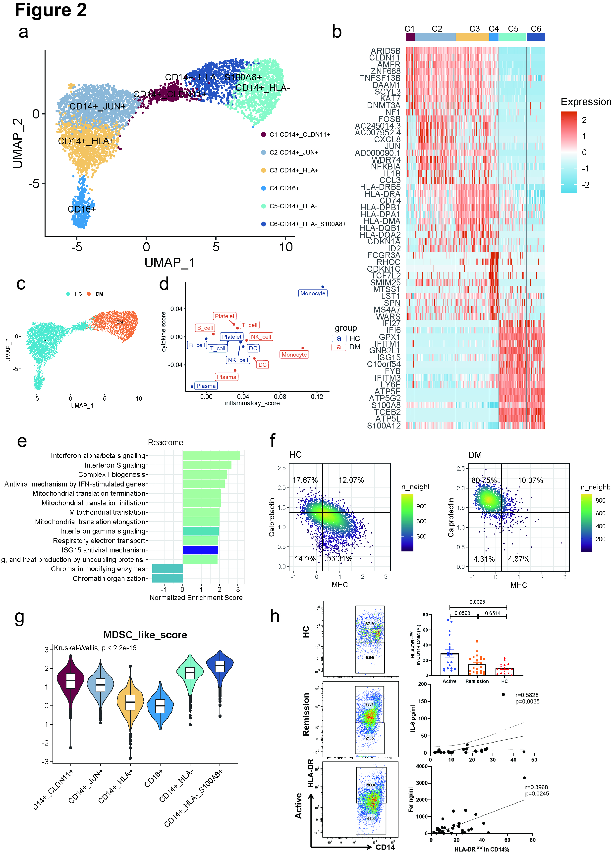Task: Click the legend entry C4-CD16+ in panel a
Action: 284,188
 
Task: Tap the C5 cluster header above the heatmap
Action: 512,29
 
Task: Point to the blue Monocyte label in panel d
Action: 312,293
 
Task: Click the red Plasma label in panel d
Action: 226,377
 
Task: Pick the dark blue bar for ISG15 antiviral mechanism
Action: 200,550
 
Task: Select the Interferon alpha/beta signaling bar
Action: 211,455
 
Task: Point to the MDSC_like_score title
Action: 145,635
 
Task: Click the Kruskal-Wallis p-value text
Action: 95,648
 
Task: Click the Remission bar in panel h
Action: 477,670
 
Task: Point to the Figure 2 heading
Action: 51,10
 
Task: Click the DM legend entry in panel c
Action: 99,294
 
